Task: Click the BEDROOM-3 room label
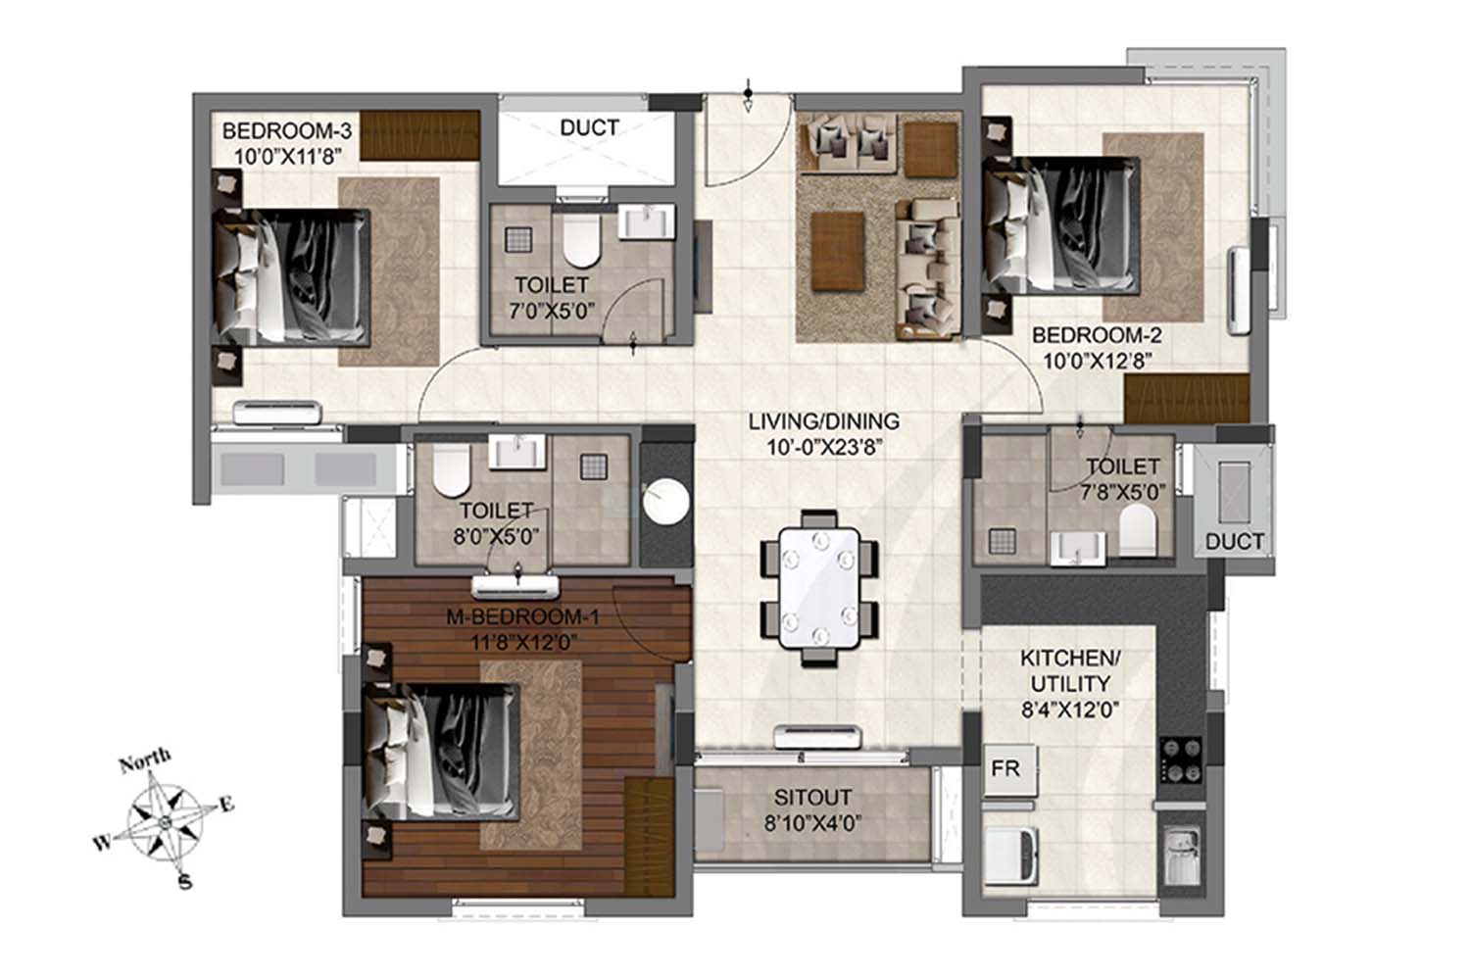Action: (x=287, y=130)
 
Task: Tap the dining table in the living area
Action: (x=819, y=588)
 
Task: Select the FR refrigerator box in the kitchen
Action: (x=1009, y=769)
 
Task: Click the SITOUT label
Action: (x=812, y=797)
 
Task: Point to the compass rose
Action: (x=164, y=821)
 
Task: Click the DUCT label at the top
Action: (x=589, y=127)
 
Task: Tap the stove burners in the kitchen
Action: (x=1181, y=759)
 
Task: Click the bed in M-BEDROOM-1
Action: (x=441, y=752)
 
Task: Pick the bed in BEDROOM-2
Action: (x=1061, y=225)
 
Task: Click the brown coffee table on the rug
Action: (x=837, y=251)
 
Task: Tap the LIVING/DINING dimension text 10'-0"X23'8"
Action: (x=824, y=448)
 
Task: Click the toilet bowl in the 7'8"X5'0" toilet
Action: (x=1137, y=529)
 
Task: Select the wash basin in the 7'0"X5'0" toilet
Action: (x=647, y=221)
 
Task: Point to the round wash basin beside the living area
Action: (x=665, y=502)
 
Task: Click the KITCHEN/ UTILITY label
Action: (x=1070, y=670)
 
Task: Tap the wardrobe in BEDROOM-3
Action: (x=420, y=135)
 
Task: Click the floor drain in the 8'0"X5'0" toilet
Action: (x=594, y=467)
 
